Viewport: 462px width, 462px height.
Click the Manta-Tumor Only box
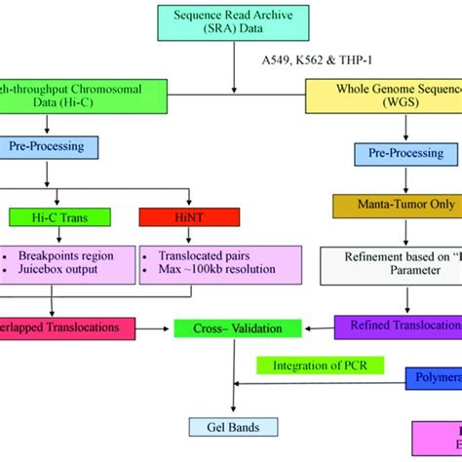396,207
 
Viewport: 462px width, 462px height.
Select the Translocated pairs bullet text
196,254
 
